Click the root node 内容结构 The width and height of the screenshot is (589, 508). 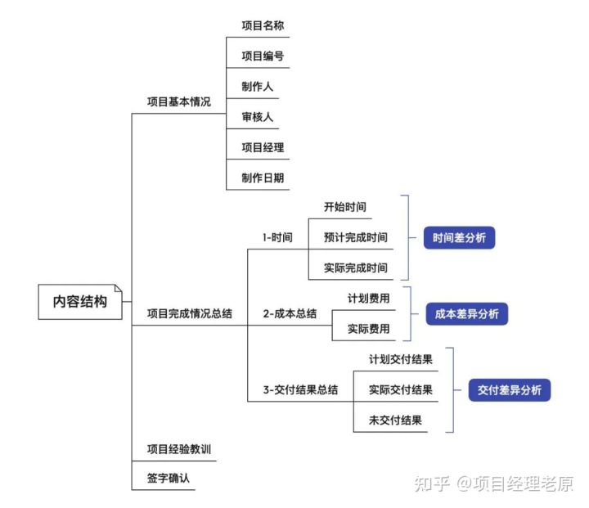79,301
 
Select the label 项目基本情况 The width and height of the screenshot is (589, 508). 178,102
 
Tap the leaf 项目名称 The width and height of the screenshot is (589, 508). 263,26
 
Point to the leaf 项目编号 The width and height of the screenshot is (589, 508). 263,56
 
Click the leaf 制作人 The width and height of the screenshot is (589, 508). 257,87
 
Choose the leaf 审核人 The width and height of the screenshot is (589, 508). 257,117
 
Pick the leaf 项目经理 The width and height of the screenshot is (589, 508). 263,147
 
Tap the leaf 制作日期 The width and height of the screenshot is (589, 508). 263,178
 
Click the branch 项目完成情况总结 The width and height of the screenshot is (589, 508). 189,312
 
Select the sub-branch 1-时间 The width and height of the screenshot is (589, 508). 277,238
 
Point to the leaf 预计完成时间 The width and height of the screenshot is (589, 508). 355,238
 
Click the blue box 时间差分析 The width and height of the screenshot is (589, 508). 459,238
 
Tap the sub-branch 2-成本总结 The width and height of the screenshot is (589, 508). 290,312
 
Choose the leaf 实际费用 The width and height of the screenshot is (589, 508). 368,329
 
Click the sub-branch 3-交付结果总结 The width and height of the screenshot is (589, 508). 300,389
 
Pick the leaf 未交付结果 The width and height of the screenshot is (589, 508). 395,420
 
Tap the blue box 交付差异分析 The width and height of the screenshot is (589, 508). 509,390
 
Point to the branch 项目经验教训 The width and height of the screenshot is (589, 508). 183,449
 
